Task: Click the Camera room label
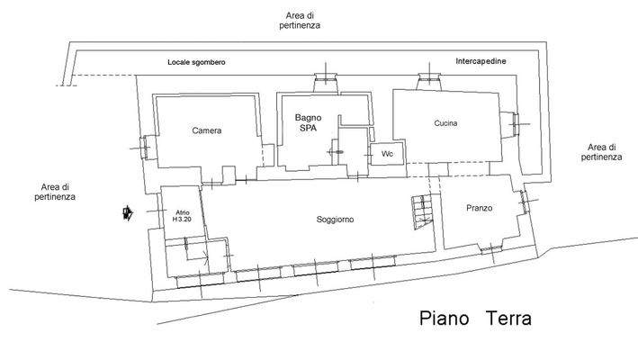pyautogui.click(x=206, y=130)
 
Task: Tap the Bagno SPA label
pyautogui.click(x=309, y=122)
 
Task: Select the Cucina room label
pyautogui.click(x=446, y=123)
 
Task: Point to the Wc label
pyautogui.click(x=387, y=154)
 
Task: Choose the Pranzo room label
pyautogui.click(x=479, y=208)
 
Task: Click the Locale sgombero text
pyautogui.click(x=196, y=63)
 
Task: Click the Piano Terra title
pyautogui.click(x=475, y=319)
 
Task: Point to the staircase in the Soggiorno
pyautogui.click(x=421, y=211)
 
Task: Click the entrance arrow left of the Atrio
pyautogui.click(x=128, y=213)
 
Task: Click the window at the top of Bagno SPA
pyautogui.click(x=327, y=83)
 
